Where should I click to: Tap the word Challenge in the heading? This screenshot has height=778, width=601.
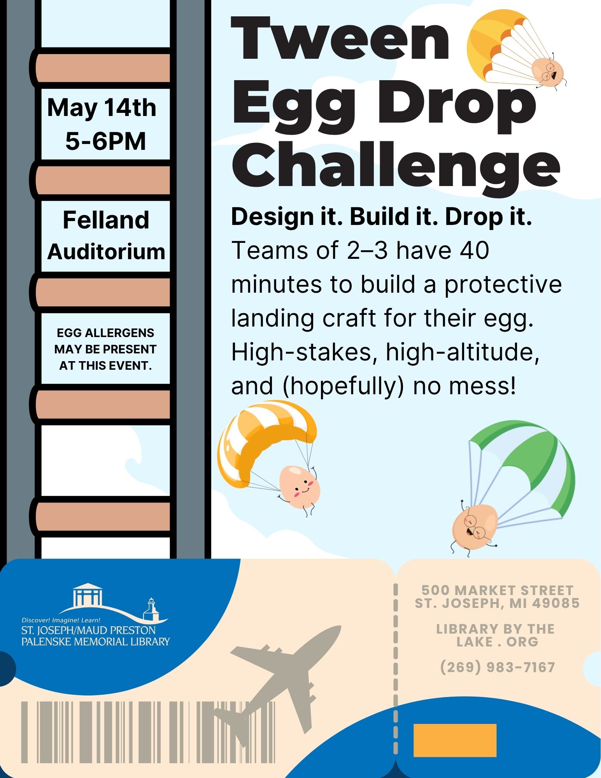coord(396,165)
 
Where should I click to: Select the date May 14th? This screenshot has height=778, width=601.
coord(102,108)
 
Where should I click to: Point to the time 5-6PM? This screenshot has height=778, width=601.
coord(105,141)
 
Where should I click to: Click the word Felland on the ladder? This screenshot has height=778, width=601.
coord(106,220)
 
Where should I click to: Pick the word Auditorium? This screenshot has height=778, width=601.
coord(106,251)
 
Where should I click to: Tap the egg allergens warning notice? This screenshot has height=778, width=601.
coord(105,349)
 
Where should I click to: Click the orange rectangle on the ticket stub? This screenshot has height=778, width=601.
coord(455,740)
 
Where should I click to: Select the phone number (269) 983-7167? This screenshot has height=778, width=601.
coord(498,667)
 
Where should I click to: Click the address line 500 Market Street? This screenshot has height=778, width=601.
coord(498,590)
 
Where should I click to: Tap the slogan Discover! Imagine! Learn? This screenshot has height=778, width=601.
coord(61,620)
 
